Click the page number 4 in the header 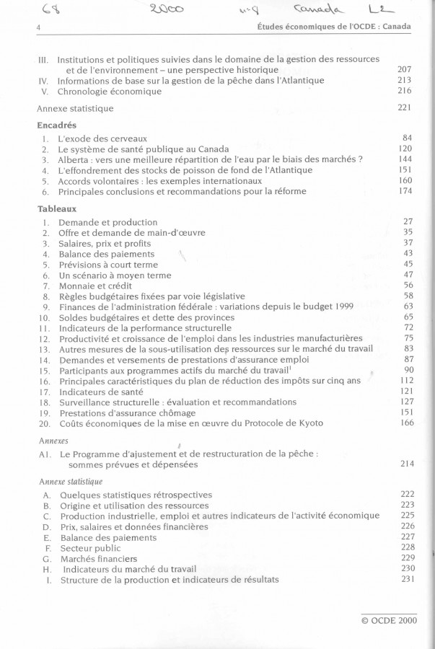click(36, 26)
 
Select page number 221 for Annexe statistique click(404, 108)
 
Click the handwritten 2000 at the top click(167, 9)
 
